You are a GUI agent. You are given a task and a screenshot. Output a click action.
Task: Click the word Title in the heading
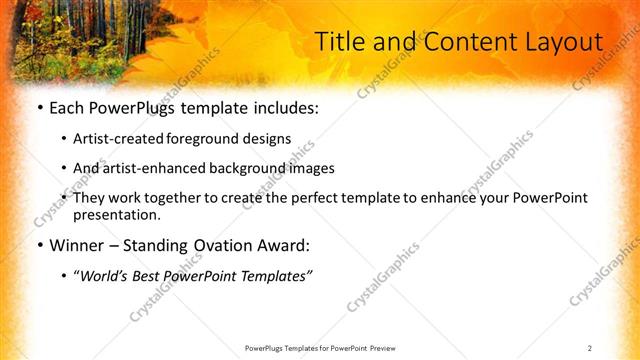coord(340,42)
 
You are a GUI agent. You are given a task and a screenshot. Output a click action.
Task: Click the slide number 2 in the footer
coord(590,348)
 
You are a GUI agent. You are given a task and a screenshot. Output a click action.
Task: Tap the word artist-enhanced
coord(150,168)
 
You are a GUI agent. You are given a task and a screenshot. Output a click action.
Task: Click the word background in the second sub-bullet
coord(238,168)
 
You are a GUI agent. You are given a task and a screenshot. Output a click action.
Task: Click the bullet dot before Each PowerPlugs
coord(39,107)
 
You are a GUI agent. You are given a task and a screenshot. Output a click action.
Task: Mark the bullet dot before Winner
coord(39,244)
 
